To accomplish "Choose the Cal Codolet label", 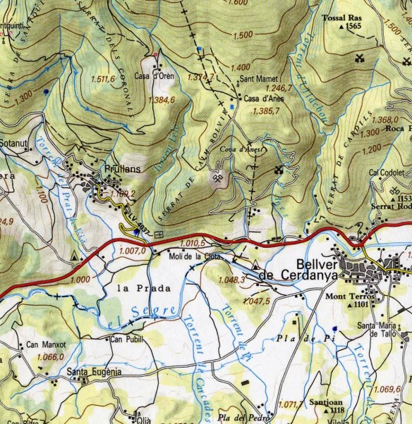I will pyautogui.click(x=386, y=172).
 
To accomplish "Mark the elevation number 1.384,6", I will pyautogui.click(x=162, y=101).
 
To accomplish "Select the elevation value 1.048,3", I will pyautogui.click(x=232, y=280).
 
